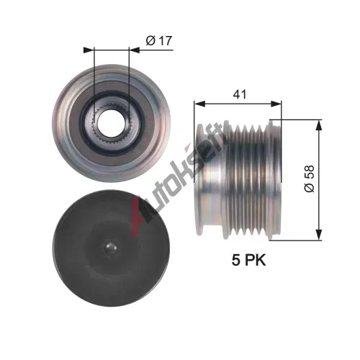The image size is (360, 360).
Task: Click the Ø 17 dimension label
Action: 159,40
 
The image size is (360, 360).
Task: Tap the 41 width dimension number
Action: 240,94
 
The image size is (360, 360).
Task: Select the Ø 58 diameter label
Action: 310,179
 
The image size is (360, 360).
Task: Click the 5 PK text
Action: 249,260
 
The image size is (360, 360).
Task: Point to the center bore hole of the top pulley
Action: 111,123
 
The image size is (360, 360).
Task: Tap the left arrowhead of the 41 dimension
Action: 199,104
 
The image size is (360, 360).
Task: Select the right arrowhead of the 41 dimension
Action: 276,104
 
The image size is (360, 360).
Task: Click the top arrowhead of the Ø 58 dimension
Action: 319,125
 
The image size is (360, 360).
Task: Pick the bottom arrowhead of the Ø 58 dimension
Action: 319,235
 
